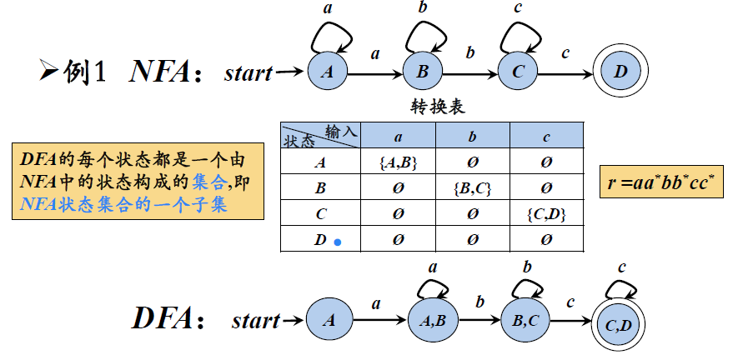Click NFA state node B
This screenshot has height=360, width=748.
(x=424, y=72)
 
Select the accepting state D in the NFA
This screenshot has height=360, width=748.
(x=620, y=72)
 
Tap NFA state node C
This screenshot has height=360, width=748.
(x=519, y=72)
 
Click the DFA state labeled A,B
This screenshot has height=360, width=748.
(x=433, y=319)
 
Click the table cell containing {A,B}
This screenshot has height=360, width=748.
(x=397, y=163)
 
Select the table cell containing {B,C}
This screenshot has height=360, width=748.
(x=472, y=188)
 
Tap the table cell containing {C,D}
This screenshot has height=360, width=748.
(x=547, y=214)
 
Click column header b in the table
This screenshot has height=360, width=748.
(x=472, y=137)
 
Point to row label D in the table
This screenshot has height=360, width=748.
(x=320, y=240)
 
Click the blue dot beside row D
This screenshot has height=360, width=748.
(x=338, y=242)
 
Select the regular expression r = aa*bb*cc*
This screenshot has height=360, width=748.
(x=661, y=181)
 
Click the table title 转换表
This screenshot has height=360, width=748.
(x=438, y=107)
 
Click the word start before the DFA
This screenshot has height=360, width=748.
(x=255, y=320)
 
